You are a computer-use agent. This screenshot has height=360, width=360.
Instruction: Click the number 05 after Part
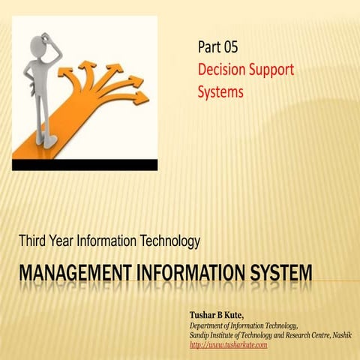[229, 47]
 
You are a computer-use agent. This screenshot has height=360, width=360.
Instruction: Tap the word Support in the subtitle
[274, 70]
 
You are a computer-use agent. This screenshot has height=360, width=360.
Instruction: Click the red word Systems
[221, 93]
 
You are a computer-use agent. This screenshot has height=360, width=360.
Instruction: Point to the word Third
[34, 241]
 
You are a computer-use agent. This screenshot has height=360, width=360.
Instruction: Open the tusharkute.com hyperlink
[229, 344]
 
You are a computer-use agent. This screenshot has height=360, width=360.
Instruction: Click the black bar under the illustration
[84, 165]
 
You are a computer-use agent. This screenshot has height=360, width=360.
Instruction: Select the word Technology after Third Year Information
[171, 241]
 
